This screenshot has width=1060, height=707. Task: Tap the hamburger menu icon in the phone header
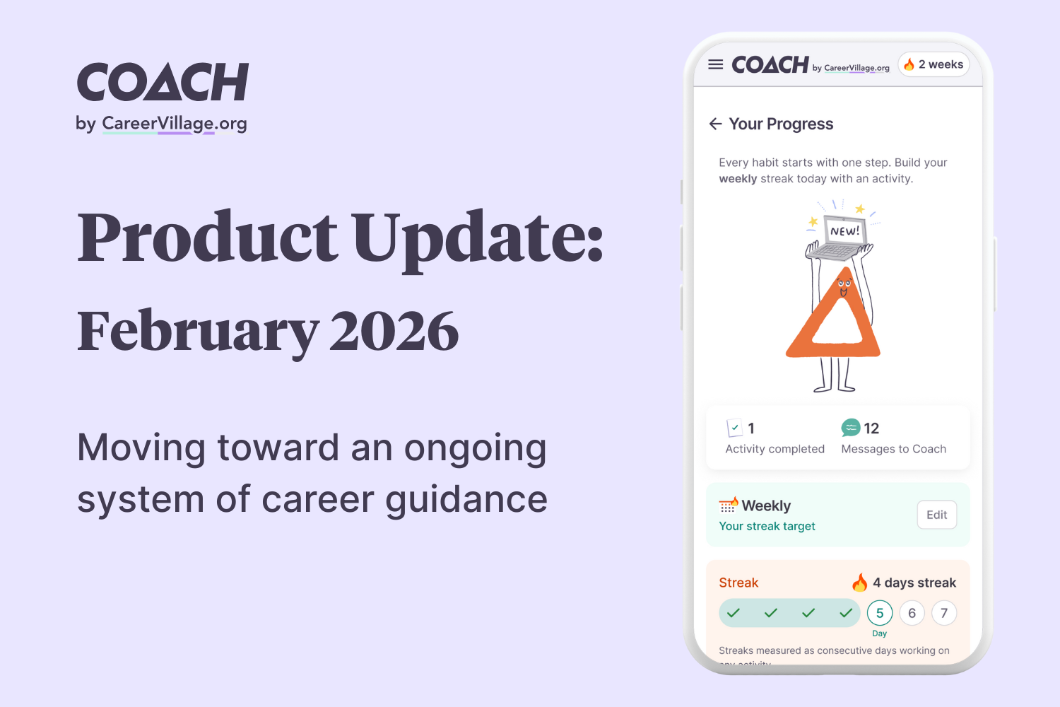coord(715,64)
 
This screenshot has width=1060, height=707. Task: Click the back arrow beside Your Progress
coord(715,124)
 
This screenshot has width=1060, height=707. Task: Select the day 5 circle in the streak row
coord(880,613)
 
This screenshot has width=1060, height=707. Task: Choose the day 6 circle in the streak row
coord(912,613)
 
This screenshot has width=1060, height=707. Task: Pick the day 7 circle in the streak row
coord(944,613)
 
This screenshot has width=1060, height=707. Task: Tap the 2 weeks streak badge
coord(934,64)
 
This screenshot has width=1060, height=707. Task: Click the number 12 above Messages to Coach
coord(871,428)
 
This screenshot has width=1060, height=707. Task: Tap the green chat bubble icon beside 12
coord(851,428)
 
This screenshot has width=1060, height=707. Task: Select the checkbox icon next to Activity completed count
coord(734,428)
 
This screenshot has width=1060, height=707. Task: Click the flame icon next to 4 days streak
coord(859,583)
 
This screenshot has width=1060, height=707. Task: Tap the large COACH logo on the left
coord(163,82)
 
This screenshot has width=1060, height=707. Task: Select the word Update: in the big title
coord(478,237)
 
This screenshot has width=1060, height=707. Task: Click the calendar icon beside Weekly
coord(728,506)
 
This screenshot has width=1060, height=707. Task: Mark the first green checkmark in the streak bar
coord(734,613)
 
